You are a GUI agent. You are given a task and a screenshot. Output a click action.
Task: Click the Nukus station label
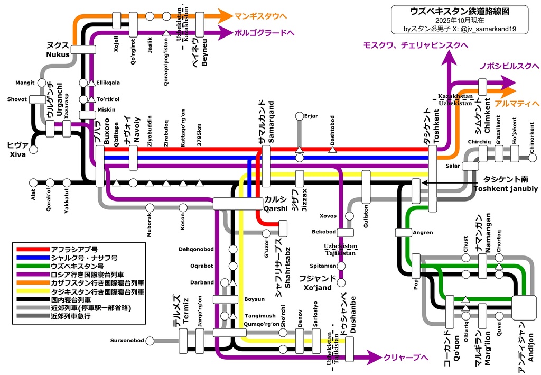point(58,54)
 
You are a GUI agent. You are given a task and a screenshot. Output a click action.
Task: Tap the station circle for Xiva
point(33,150)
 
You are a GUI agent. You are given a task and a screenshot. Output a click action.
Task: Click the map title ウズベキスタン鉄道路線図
point(458,11)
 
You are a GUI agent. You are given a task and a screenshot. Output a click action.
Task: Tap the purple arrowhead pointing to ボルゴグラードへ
point(224,32)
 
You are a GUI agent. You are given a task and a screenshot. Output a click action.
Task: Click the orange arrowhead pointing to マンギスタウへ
point(224,15)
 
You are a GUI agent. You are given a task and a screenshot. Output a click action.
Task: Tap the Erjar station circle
point(300,116)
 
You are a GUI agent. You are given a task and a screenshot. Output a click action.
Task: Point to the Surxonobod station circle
point(151,340)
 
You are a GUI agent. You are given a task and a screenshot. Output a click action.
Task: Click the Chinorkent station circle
point(532,158)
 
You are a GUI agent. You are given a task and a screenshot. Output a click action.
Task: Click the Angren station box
point(403,232)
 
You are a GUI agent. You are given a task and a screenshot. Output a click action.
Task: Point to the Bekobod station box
point(345,232)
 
